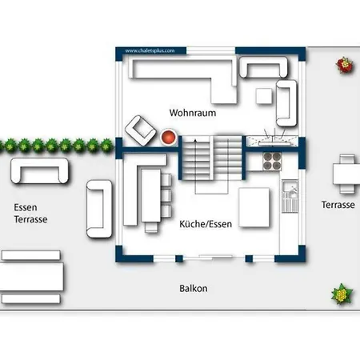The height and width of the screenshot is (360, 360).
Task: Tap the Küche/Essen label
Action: (206, 224)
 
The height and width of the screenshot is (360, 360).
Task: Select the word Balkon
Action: (194, 288)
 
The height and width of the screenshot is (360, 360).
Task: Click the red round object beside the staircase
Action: (169, 137)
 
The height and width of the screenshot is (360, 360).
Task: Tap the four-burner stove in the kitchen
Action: (272, 160)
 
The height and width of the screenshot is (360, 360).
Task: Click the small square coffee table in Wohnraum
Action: (263, 96)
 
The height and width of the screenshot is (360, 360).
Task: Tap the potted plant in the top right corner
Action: (345, 65)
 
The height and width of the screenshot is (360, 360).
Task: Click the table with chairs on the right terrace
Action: (345, 173)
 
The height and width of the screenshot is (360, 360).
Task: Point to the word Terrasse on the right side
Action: (338, 205)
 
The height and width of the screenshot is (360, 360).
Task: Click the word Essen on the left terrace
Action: (25, 206)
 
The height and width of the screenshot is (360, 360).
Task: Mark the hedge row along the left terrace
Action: (56, 146)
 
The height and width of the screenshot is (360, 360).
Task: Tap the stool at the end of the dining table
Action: (150, 227)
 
